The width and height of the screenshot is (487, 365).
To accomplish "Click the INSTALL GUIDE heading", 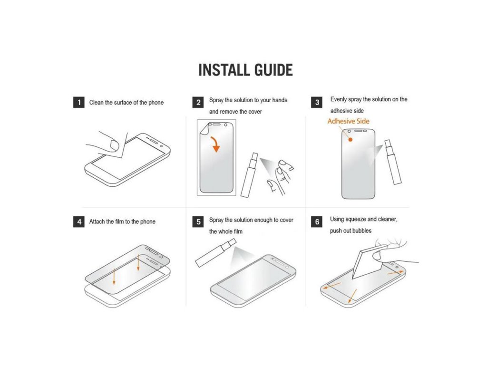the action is coord(245,70).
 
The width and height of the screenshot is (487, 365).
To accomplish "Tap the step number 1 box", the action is coord(79,103).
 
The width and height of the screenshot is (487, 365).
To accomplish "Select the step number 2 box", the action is coord(198,102).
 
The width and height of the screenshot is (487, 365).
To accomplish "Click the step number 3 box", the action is coord(317,102).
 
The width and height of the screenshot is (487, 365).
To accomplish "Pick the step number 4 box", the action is coord(79,221).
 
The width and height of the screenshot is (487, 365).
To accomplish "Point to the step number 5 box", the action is coord(198,221).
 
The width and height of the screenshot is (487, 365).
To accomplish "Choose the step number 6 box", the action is coord(317,221).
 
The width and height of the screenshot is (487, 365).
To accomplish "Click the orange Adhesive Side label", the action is coord(349,121).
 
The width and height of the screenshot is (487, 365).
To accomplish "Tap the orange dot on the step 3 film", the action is coord(351,140).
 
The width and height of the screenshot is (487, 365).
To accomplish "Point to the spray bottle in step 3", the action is coord(392,162).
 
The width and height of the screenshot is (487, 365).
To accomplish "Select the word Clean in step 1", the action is coord(96,103).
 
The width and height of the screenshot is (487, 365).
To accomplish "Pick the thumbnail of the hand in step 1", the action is coord(115,145).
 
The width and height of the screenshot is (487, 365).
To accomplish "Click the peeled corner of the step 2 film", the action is coord(205,129).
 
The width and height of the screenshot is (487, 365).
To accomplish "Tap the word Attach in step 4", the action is coord(97,221).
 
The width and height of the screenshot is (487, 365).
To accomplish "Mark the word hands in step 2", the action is coord(280,100).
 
